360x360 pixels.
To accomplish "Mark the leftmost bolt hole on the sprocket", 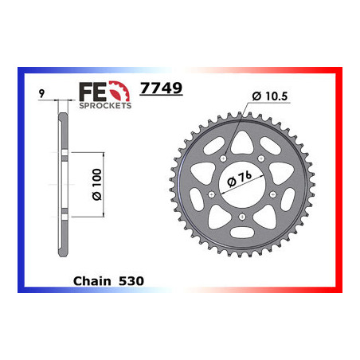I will point(209,194).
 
